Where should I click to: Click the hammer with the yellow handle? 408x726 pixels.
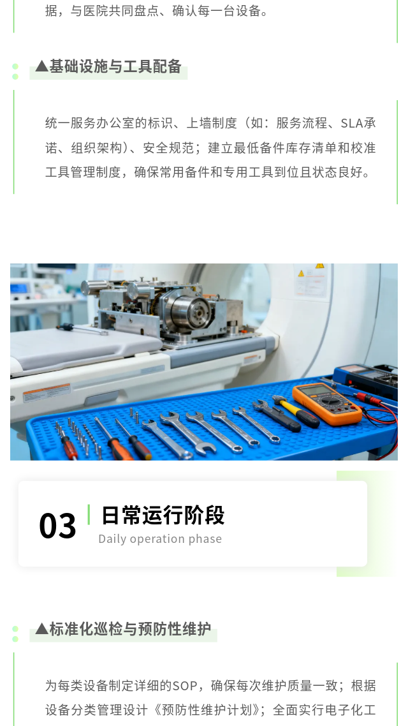[295, 410]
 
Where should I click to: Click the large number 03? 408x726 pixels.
[57, 526]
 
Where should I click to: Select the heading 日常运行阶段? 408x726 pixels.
[163, 515]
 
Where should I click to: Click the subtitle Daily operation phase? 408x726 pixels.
[160, 539]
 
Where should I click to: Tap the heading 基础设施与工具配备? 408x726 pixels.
[115, 67]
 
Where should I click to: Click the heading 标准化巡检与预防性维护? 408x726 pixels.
[130, 629]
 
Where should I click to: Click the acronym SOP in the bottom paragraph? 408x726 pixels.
[185, 685]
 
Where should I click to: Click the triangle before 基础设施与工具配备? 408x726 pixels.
[41, 66]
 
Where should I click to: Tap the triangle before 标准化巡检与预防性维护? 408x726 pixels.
[41, 628]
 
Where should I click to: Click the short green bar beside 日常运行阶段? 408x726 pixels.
[89, 514]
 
